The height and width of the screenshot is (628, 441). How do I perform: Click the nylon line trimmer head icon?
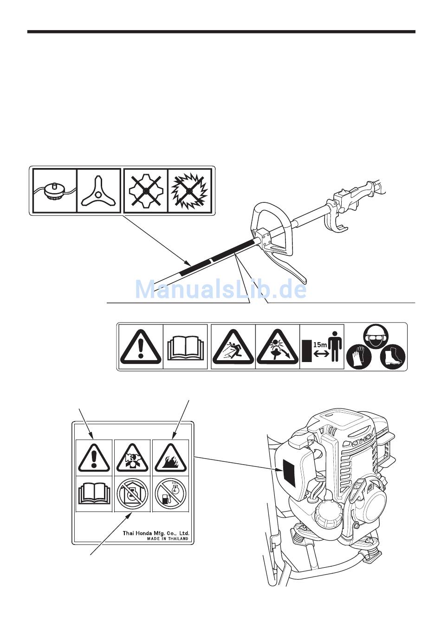point(55,191)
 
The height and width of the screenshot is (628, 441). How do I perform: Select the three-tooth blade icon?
point(99,191)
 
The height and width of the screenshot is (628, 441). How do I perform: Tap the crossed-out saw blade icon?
point(189,191)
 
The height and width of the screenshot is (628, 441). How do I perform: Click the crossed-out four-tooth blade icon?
point(146,191)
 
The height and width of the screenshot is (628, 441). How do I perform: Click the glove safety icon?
point(359,356)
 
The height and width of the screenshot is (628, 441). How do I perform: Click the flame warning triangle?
point(170,458)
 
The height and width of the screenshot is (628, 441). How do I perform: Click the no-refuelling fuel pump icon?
point(170,493)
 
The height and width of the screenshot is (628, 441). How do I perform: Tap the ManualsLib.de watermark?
point(220,289)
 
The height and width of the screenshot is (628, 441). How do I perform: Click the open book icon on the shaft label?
point(186,349)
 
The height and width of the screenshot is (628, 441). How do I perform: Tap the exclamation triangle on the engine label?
point(94,458)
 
